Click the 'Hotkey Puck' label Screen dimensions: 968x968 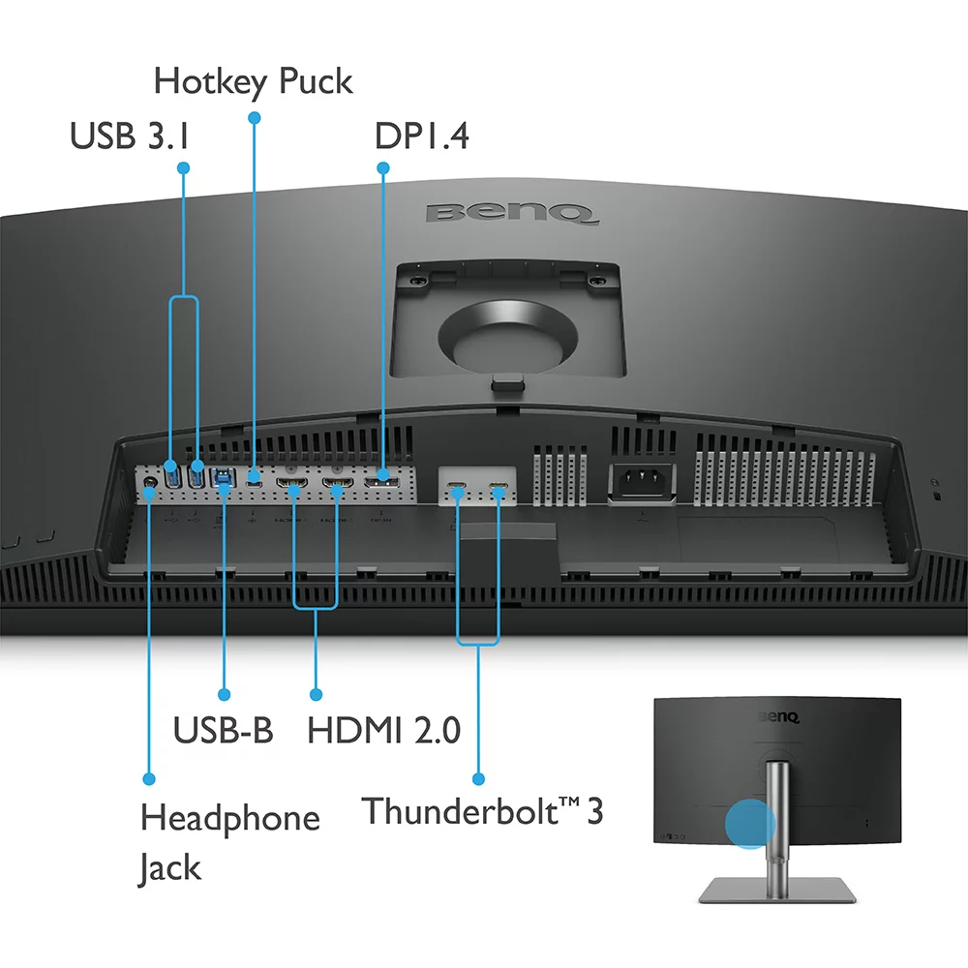(x=253, y=81)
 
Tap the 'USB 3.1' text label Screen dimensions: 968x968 (x=129, y=136)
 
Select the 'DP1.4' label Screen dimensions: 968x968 (x=421, y=136)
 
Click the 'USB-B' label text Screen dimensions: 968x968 (x=223, y=729)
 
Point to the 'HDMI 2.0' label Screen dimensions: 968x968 (x=383, y=729)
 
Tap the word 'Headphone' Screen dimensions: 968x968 (x=229, y=818)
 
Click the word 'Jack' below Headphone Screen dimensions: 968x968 (x=170, y=867)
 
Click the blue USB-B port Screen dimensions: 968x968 (x=224, y=475)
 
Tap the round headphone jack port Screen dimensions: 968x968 (x=150, y=476)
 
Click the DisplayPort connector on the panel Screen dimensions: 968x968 (x=381, y=477)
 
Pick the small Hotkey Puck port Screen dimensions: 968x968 (x=255, y=476)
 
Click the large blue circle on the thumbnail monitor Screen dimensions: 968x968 (x=750, y=824)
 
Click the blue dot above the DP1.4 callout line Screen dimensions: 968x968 (x=382, y=167)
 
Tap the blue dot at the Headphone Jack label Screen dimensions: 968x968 (x=149, y=777)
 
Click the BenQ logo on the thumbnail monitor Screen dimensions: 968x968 (x=778, y=717)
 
